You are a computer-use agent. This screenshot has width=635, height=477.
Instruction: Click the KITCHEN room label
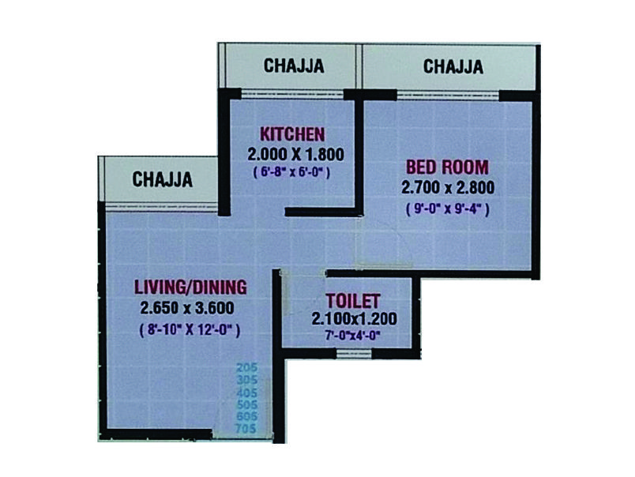coord(292,134)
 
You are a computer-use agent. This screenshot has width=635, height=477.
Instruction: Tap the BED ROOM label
coord(447,167)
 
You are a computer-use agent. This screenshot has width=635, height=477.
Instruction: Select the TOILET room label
coord(353,301)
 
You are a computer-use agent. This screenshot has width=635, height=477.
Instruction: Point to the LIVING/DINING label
coord(190,287)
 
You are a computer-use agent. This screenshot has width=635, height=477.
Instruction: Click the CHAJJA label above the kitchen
coord(294,66)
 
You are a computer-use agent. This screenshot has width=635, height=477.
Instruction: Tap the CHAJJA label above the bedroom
coord(453,67)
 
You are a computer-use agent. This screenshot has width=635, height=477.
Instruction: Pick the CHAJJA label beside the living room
coord(162,179)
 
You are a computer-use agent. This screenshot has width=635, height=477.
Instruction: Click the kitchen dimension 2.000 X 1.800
coord(295,154)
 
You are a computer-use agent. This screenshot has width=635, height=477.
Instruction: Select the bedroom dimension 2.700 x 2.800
coord(448,187)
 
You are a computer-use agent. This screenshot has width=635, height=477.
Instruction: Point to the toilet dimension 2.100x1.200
coord(354,319)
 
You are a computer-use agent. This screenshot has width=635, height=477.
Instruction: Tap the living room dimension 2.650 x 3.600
coord(187,308)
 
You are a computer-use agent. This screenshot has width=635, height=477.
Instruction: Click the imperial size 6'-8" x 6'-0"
coord(291,172)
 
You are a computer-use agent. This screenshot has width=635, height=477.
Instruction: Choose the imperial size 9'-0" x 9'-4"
coord(448,209)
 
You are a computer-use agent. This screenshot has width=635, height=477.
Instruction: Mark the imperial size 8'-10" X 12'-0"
coord(190,329)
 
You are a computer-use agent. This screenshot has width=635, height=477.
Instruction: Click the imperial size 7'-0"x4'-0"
coord(352,336)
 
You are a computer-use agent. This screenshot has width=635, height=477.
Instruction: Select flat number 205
coord(246,368)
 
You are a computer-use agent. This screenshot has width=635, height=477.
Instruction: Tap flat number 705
coord(246,428)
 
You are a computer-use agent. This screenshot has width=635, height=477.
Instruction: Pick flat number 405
coord(246,392)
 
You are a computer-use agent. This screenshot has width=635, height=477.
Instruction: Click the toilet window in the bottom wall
coord(354,354)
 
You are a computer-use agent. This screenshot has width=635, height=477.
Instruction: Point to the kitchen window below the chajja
coord(292,94)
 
